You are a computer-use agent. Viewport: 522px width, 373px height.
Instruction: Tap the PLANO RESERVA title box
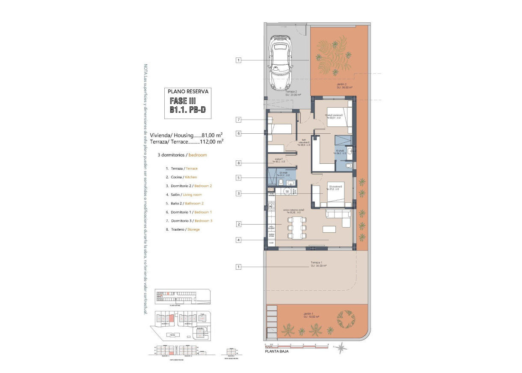[x=188, y=91]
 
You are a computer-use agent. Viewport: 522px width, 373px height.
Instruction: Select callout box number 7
[x=239, y=119]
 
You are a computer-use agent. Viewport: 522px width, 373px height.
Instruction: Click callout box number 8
[x=239, y=163]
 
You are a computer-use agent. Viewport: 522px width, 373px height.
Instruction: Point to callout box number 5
[x=239, y=177]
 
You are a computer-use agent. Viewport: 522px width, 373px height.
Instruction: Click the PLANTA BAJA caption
[x=276, y=351]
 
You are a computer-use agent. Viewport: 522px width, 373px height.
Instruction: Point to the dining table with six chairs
[x=297, y=227]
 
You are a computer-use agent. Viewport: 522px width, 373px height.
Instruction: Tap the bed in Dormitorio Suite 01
[x=339, y=117]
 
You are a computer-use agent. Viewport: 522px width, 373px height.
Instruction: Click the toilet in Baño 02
[x=280, y=183]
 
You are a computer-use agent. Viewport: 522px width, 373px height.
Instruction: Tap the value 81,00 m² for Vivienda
[x=215, y=135]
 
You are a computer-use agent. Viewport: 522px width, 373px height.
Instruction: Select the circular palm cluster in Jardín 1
[x=346, y=319]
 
